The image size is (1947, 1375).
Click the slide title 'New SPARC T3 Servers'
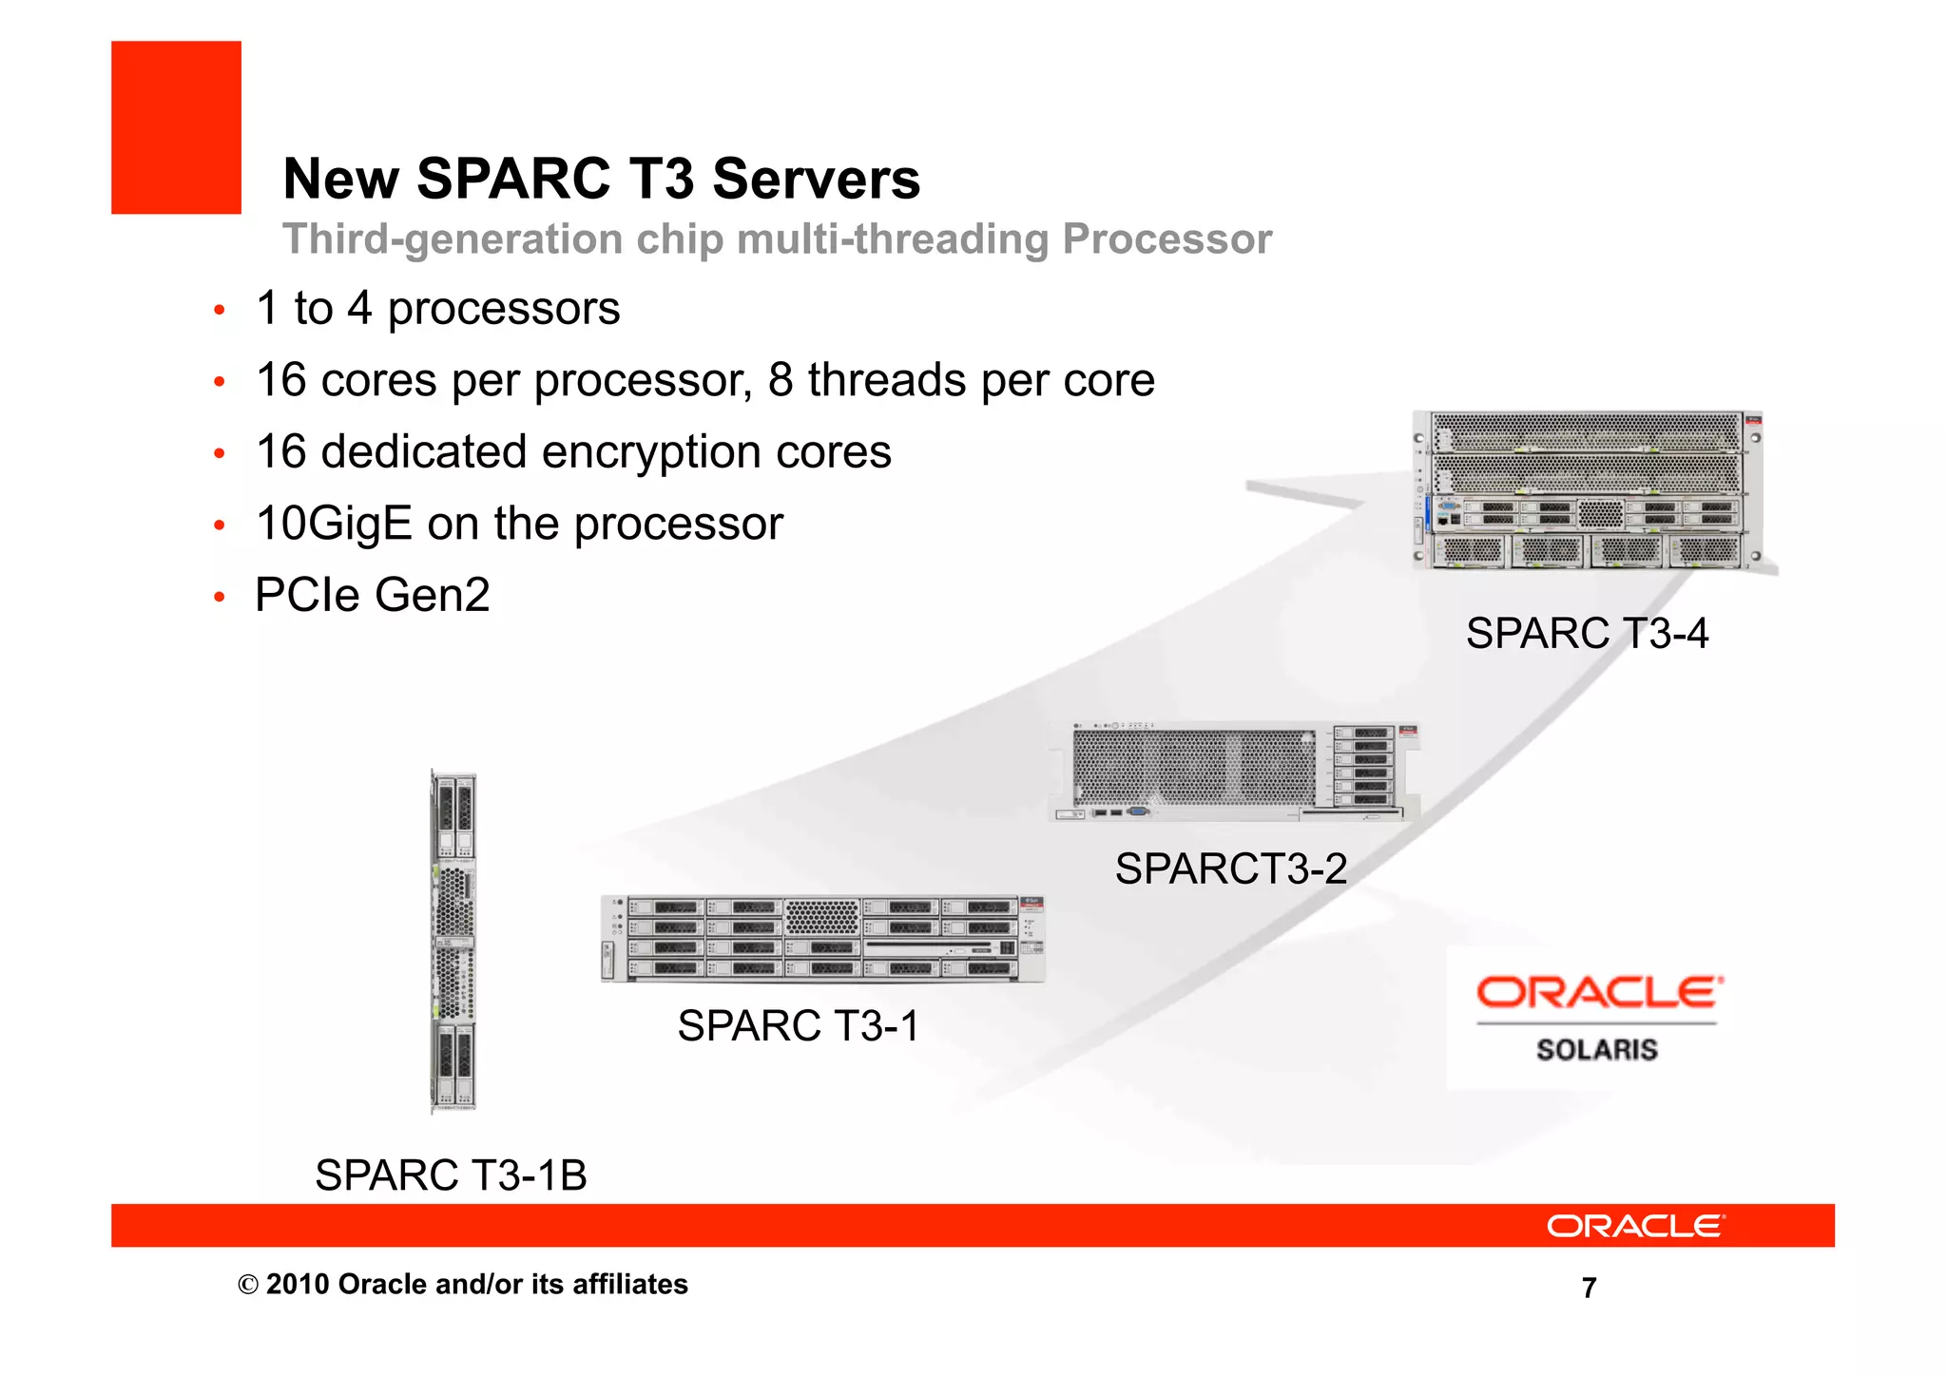tap(601, 179)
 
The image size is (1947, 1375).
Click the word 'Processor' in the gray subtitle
tap(1166, 239)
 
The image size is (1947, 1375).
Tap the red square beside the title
tap(176, 127)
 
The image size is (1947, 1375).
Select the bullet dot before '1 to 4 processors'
tap(220, 311)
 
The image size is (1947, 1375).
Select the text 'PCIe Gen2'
tap(373, 596)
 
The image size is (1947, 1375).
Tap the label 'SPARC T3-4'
tap(1587, 634)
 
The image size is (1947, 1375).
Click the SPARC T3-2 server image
tap(1233, 771)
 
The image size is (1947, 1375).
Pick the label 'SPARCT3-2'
tap(1231, 869)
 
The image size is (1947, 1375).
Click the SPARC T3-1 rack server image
tap(822, 938)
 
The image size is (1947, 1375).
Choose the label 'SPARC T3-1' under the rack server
tap(799, 1026)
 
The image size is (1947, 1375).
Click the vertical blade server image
tap(453, 941)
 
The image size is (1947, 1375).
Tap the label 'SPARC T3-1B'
tap(451, 1175)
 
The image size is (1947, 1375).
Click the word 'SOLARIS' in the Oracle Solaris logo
tap(1596, 1050)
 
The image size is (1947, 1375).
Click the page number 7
tap(1589, 1288)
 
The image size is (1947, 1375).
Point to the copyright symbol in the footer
tap(248, 1286)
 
